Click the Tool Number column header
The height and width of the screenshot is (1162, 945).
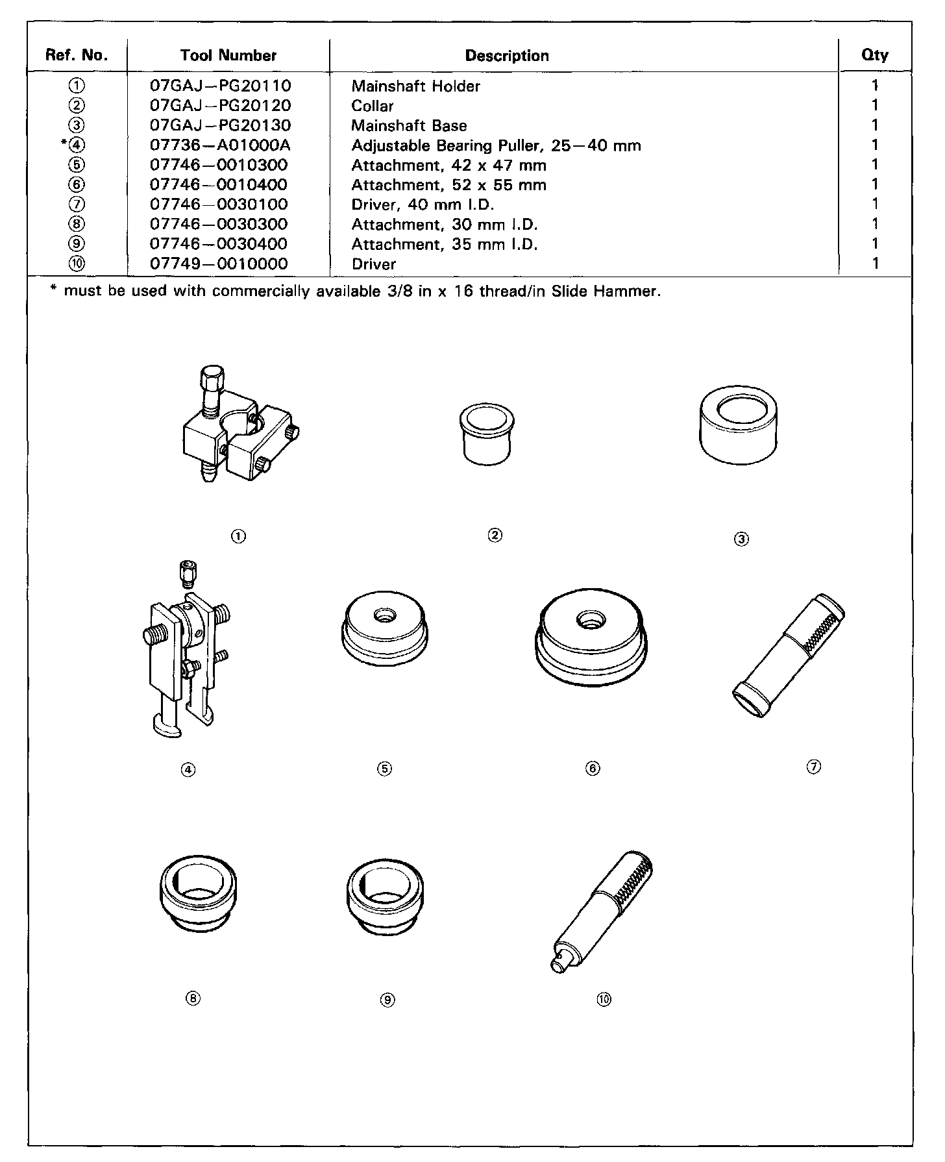pyautogui.click(x=228, y=56)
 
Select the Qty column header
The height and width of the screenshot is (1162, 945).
pyautogui.click(x=874, y=55)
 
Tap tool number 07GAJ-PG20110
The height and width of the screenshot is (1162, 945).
pyautogui.click(x=220, y=86)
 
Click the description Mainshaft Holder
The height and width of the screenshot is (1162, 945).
pyautogui.click(x=415, y=86)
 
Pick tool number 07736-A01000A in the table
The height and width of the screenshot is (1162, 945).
pyautogui.click(x=220, y=145)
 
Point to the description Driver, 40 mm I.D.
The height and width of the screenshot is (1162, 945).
pyautogui.click(x=423, y=205)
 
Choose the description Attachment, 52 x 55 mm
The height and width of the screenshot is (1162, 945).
pyautogui.click(x=448, y=185)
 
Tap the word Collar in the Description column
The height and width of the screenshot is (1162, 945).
pyautogui.click(x=373, y=106)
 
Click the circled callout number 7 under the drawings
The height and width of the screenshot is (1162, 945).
pyautogui.click(x=814, y=767)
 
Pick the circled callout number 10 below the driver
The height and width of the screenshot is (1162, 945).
pyautogui.click(x=604, y=1000)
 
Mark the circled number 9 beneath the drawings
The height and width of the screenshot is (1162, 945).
pyautogui.click(x=387, y=1000)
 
